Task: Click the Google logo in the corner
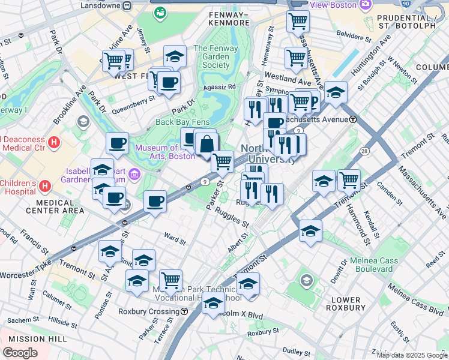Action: [20, 353]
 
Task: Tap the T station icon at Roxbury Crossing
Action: [184, 311]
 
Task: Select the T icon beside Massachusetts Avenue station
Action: [354, 119]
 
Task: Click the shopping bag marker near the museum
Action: [206, 145]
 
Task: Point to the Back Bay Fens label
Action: [182, 122]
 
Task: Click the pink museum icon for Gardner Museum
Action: [134, 175]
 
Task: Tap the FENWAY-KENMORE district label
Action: [228, 18]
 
